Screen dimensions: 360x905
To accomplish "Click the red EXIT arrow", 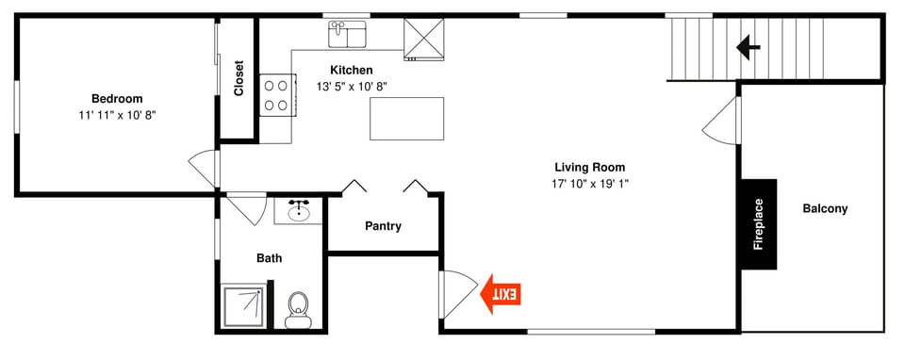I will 502,294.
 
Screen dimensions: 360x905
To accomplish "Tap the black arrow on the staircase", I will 749,46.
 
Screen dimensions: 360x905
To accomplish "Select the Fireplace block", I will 758,224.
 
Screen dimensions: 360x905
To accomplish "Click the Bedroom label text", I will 117,99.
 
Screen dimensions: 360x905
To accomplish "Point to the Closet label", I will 239,78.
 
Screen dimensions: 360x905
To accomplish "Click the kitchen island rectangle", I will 406,118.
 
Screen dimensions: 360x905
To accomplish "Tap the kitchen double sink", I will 349,35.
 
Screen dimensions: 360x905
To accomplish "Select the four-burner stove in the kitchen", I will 276,95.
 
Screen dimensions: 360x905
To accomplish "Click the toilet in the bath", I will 299,308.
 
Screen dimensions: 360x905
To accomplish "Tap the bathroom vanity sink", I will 300,210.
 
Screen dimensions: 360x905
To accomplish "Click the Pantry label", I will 383,226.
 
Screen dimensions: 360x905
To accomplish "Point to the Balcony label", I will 825,209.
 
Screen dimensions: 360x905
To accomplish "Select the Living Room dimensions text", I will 590,184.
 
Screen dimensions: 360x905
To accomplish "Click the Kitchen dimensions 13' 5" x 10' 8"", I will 352,86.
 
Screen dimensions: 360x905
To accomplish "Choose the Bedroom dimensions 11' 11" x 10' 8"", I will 117,115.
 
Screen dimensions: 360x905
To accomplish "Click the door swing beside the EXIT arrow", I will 456,293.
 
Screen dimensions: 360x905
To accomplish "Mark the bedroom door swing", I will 204,169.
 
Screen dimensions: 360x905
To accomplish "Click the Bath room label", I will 270,258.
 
